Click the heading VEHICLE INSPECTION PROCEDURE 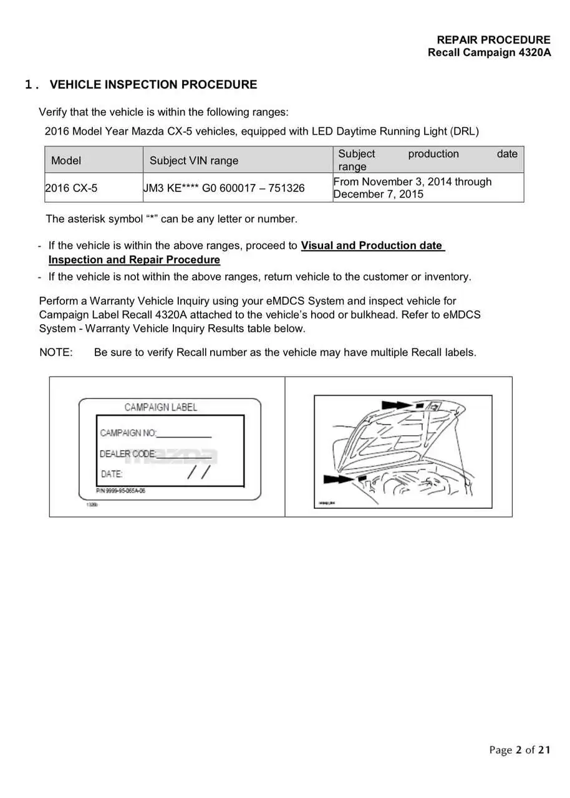pos(153,85)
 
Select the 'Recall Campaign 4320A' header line pos(489,52)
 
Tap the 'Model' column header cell pos(66,160)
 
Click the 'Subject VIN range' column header pos(194,160)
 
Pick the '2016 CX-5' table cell pos(72,188)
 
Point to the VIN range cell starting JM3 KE pos(225,188)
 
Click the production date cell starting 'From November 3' pos(412,188)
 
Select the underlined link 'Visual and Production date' pos(372,246)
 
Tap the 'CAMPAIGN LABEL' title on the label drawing pos(161,407)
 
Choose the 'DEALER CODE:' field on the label pos(128,454)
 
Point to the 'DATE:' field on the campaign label pos(112,474)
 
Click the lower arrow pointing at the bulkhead pos(339,479)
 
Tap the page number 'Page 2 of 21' pos(519,750)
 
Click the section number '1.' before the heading pos(31,85)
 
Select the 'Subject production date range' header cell pos(427,160)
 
